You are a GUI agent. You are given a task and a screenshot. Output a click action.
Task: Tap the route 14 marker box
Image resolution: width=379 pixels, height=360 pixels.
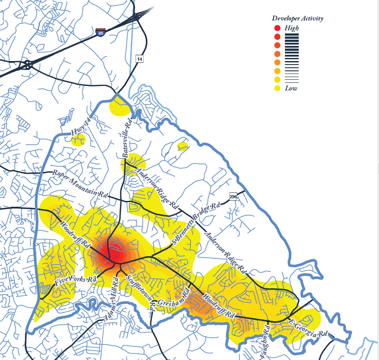point(140,59)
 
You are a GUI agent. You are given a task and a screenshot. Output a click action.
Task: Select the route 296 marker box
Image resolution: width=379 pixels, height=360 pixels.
point(233,196)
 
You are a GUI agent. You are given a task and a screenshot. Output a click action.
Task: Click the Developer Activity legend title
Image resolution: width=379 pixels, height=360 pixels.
point(297,18)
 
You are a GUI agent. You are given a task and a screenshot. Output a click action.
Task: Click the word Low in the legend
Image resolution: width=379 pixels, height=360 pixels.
point(291,88)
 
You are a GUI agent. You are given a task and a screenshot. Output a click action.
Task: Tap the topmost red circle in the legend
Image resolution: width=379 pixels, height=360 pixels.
point(277,28)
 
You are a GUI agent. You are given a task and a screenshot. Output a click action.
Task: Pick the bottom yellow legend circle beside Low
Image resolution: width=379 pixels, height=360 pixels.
point(277,88)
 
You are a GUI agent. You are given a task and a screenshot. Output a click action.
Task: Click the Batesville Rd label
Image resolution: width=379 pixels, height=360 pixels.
point(127,137)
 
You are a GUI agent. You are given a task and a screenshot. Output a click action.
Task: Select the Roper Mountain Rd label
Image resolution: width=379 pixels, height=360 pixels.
point(81,184)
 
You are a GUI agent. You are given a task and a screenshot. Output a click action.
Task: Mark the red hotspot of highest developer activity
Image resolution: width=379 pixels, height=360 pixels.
point(115,253)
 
